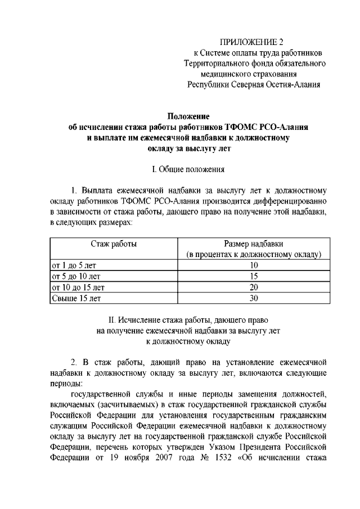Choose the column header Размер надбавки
254,244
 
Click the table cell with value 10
254,265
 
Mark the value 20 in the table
254,287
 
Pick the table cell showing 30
254,298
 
